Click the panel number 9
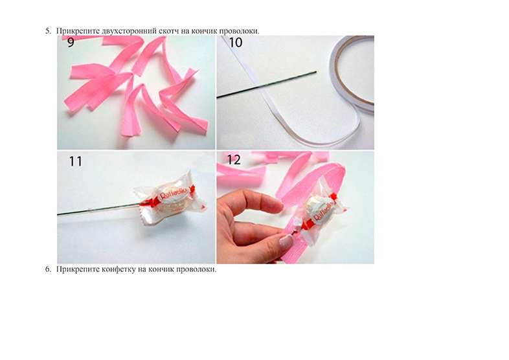pyautogui.click(x=71, y=43)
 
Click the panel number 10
pyautogui.click(x=236, y=43)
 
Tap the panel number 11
pyautogui.click(x=75, y=161)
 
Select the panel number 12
pyautogui.click(x=234, y=160)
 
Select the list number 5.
pyautogui.click(x=48, y=31)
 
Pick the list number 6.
pyautogui.click(x=48, y=269)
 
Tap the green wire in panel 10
pyautogui.click(x=267, y=84)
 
